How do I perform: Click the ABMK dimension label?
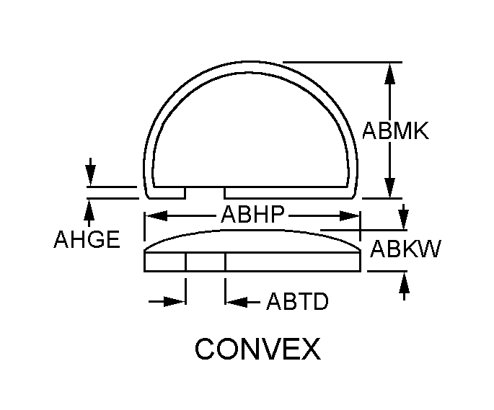click(395, 130)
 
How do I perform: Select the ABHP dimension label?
click(252, 215)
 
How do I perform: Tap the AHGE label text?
click(87, 239)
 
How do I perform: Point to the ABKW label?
click(405, 249)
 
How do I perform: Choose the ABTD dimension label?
click(297, 301)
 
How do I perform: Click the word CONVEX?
click(257, 349)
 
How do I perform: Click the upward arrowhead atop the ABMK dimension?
click(390, 73)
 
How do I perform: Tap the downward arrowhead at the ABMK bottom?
click(390, 187)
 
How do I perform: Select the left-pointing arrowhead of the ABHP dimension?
click(155, 216)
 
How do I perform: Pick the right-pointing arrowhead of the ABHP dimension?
click(349, 216)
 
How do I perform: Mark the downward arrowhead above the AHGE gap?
click(90, 176)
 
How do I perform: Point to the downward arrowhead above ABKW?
click(404, 220)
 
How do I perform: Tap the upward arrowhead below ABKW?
click(404, 282)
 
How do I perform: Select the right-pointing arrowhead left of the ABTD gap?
click(175, 302)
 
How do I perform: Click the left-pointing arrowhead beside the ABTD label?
click(237, 302)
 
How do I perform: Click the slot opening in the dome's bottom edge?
click(205, 193)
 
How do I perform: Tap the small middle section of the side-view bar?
click(206, 262)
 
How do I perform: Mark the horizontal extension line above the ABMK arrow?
click(343, 63)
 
